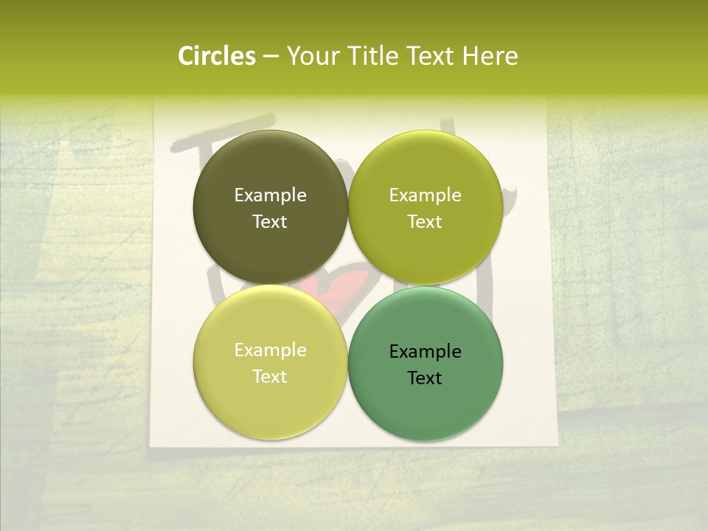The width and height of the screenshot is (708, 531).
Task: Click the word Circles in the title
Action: (x=216, y=56)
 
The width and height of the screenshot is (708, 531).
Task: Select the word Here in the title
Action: (x=490, y=56)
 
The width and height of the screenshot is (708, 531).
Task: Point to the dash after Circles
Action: (x=270, y=57)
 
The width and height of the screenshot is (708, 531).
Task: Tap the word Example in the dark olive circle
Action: (x=270, y=195)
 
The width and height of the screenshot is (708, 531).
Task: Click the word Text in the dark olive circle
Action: (x=270, y=221)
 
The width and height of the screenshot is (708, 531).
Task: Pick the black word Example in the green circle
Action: (x=425, y=351)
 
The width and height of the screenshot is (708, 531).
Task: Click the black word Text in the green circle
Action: (x=425, y=378)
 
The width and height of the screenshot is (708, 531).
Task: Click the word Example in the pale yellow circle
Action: (x=270, y=350)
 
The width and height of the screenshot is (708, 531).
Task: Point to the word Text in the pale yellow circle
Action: (x=270, y=376)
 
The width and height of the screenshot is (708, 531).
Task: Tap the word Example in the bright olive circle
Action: (x=425, y=195)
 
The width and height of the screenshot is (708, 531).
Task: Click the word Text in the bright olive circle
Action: (x=425, y=221)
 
